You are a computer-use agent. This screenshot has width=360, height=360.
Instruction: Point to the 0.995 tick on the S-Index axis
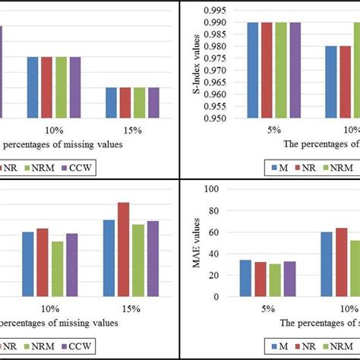[x=226, y=9]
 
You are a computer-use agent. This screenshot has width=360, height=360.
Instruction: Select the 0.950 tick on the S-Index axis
[x=226, y=118]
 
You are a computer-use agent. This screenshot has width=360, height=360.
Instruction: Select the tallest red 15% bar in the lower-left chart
[x=123, y=249]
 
